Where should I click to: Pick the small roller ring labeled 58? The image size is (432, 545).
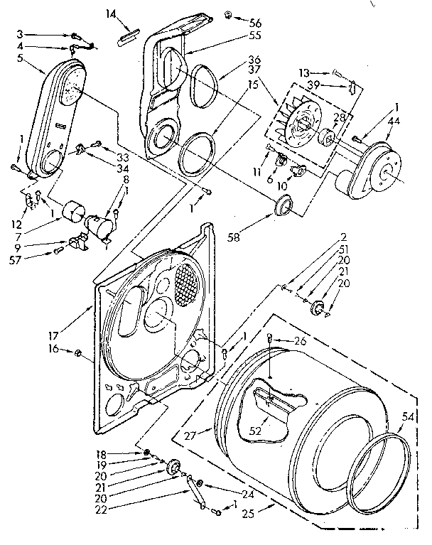(x=283, y=207)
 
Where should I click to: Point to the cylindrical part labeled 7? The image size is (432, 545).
(x=72, y=212)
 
